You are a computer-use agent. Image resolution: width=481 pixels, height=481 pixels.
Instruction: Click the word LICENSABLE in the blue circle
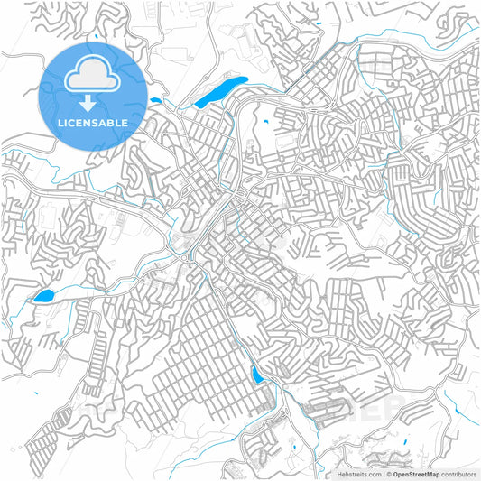[93, 122]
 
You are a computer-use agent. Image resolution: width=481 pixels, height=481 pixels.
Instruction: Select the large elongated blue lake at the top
[221, 91]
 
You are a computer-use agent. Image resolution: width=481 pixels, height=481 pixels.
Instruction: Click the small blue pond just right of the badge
[155, 100]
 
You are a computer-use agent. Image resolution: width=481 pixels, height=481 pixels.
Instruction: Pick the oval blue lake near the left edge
[42, 296]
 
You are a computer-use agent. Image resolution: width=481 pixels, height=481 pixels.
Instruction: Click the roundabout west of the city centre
[186, 258]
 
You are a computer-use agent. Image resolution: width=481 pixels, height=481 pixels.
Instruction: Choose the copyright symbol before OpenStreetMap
[389, 473]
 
